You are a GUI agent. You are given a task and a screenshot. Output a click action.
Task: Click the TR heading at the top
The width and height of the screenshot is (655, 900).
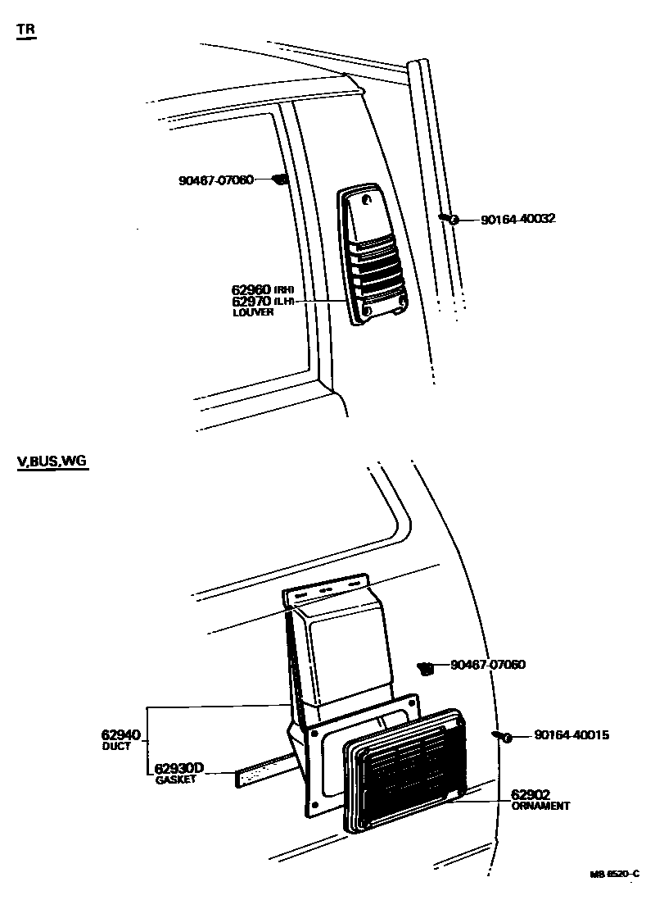pyautogui.click(x=26, y=30)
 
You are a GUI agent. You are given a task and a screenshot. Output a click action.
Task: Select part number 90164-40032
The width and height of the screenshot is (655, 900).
pyautogui.click(x=518, y=219)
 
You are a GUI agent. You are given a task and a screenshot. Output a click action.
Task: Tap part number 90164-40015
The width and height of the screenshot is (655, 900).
pyautogui.click(x=571, y=735)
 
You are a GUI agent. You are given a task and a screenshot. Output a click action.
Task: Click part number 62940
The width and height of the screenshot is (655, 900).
pyautogui.click(x=121, y=734)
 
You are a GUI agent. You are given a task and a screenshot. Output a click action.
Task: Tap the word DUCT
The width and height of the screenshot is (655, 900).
pyautogui.click(x=116, y=747)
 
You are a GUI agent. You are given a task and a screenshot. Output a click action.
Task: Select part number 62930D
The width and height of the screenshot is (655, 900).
pyautogui.click(x=178, y=768)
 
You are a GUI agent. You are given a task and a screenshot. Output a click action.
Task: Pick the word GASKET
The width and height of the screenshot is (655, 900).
pyautogui.click(x=176, y=780)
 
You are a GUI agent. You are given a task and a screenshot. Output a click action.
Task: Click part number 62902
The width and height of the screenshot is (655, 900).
pyautogui.click(x=531, y=793)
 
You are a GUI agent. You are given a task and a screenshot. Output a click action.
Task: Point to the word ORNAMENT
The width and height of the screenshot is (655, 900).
pyautogui.click(x=540, y=806)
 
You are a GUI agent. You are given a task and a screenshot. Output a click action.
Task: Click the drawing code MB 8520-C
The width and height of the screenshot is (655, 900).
pyautogui.click(x=613, y=875)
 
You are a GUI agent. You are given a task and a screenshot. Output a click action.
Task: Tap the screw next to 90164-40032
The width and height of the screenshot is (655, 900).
pyautogui.click(x=448, y=218)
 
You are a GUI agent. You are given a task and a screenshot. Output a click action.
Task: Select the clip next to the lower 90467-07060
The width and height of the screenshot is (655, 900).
pyautogui.click(x=426, y=669)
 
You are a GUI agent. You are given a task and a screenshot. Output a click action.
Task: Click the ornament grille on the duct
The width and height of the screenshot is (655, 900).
pyautogui.click(x=409, y=770)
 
